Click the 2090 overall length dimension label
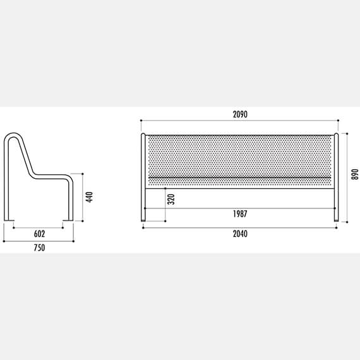click(240, 114)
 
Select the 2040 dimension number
click(240, 234)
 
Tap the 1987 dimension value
click(240, 214)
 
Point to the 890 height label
click(355, 174)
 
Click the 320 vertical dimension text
click(171, 200)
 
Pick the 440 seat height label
click(89, 197)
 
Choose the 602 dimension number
click(40, 234)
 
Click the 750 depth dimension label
click(40, 248)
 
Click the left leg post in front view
click(143, 177)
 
